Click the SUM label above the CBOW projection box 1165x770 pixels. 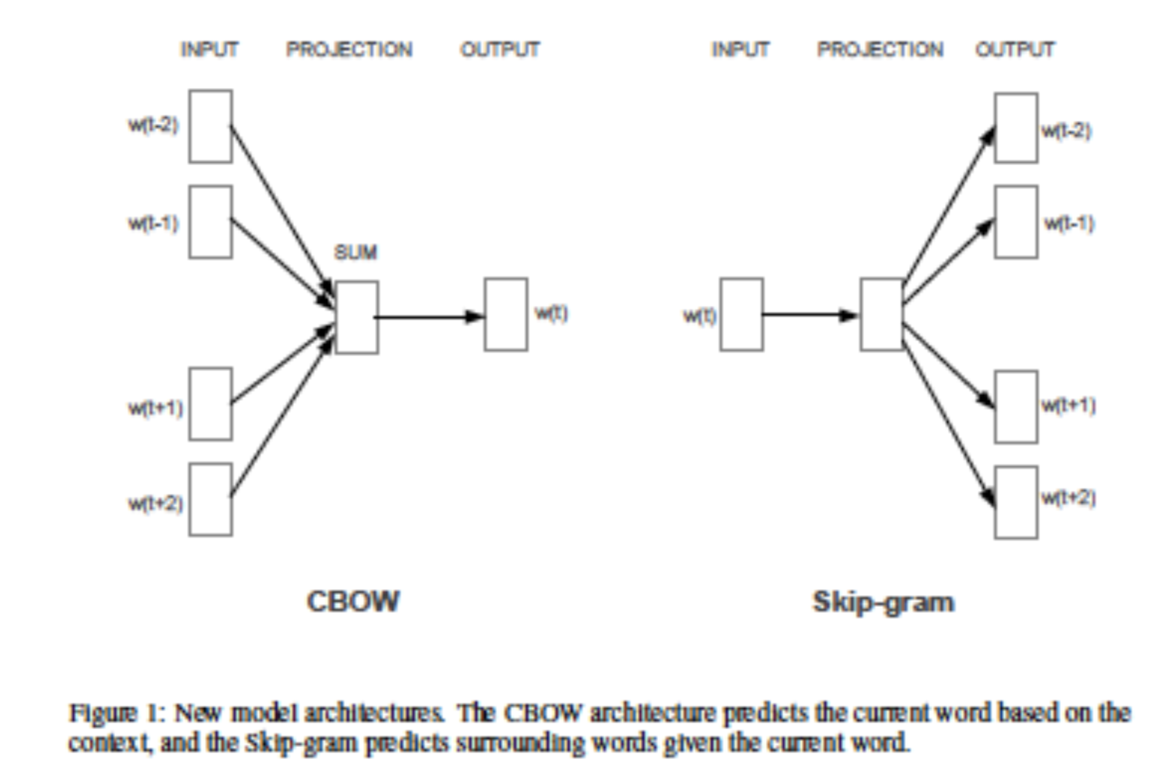point(355,252)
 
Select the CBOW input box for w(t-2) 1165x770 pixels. point(210,126)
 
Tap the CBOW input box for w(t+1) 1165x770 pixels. point(210,404)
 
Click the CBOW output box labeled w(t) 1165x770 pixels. point(506,315)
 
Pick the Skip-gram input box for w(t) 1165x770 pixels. point(741,315)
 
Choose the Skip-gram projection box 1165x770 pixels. point(882,315)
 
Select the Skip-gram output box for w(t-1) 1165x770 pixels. point(1016,222)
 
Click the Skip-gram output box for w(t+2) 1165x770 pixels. point(1016,502)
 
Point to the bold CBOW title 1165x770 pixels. point(354,602)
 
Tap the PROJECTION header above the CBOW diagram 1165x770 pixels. point(349,49)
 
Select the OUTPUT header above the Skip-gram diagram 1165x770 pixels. point(1015,49)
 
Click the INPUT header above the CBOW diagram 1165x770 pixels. point(209,49)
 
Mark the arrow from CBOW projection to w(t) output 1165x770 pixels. point(429,317)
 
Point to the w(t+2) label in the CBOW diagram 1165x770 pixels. point(155,503)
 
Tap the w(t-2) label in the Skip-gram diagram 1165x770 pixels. point(1066,131)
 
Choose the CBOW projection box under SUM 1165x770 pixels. point(357,317)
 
